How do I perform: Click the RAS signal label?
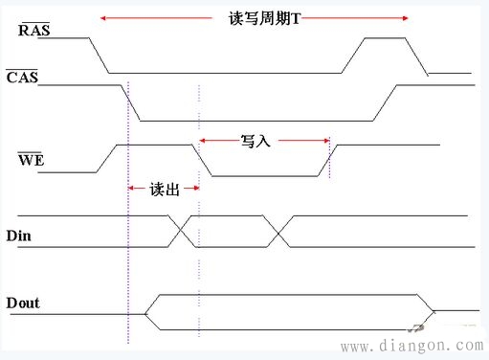[34, 31]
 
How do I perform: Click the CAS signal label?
[21, 77]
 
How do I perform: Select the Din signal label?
[19, 234]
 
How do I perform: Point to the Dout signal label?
[24, 304]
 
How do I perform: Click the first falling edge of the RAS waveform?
[100, 56]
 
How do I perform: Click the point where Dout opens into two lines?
[144, 312]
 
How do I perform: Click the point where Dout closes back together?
[433, 310]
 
